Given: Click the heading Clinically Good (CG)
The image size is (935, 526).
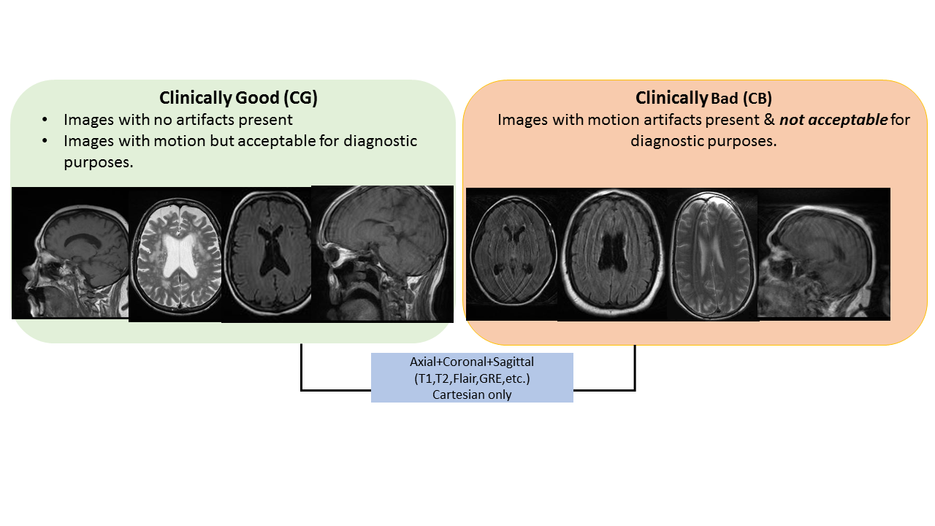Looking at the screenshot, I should [x=238, y=98].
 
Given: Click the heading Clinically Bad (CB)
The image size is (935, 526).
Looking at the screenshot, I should [x=703, y=98].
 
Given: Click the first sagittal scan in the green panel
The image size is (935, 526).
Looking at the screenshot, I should [x=71, y=253].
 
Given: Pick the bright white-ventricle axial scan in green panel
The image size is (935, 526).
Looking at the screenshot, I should [x=175, y=254].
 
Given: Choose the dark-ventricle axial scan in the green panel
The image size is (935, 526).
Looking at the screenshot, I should [x=266, y=254].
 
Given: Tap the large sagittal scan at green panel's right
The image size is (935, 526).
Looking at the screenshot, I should [x=382, y=254].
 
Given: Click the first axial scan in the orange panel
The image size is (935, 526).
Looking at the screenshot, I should [x=512, y=254].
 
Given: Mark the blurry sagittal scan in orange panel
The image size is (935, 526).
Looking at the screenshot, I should [x=823, y=254].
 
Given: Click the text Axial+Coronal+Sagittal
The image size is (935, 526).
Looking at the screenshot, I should [x=472, y=362].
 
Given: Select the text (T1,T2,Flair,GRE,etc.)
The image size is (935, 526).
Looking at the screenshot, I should [x=472, y=378].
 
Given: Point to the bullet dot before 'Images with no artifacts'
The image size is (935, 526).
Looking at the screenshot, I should [x=46, y=119].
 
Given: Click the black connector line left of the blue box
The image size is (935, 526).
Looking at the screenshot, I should [x=302, y=373].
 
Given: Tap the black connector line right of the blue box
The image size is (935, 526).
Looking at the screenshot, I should [x=635, y=373].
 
